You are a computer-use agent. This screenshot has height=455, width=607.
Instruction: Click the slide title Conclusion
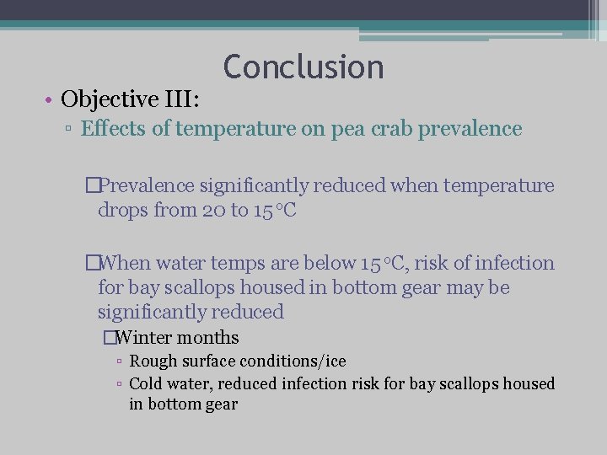click(x=303, y=67)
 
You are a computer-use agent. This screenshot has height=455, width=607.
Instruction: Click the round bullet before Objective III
click(x=51, y=100)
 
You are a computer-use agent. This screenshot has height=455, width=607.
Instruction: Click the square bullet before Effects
click(x=70, y=130)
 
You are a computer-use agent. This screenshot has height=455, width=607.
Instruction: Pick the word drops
click(x=122, y=210)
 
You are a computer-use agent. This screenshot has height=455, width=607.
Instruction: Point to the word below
click(x=320, y=264)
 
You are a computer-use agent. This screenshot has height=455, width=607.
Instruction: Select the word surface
click(x=206, y=361)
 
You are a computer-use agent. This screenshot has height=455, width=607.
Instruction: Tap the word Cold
click(x=147, y=384)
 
